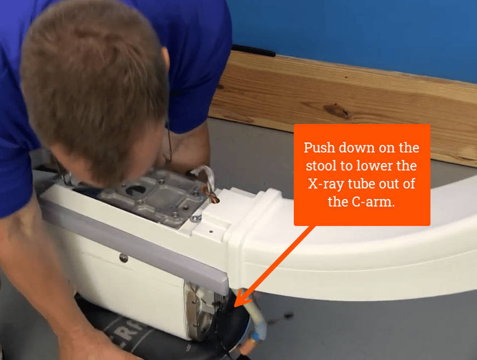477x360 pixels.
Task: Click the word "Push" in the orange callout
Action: point(319,148)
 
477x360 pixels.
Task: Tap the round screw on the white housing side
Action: point(124,258)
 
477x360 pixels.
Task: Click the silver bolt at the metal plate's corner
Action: point(195,219)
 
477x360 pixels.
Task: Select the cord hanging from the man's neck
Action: point(170,145)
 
